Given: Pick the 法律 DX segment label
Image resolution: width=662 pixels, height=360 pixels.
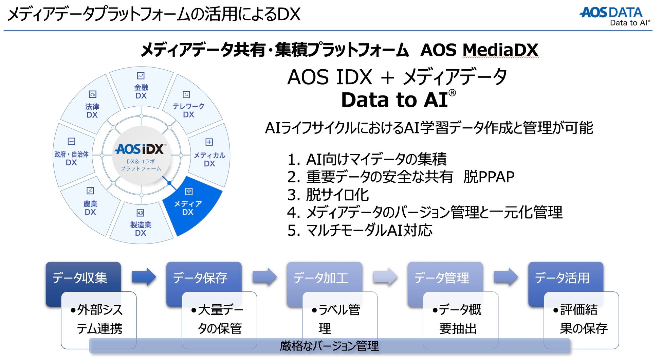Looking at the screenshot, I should (x=92, y=110).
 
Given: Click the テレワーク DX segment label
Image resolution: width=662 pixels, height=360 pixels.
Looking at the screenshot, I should (x=188, y=110).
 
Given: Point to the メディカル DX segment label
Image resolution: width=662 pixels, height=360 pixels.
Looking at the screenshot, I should (x=209, y=159).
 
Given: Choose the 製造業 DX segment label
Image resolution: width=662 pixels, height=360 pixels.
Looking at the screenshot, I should (x=141, y=229).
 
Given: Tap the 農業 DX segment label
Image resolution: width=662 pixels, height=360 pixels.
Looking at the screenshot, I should (x=90, y=208).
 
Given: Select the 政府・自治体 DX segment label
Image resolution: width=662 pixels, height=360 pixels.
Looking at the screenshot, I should (x=71, y=158).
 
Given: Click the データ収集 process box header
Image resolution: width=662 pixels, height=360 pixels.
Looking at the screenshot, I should (x=80, y=278).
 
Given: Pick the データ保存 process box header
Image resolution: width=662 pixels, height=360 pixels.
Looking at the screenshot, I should (x=200, y=278).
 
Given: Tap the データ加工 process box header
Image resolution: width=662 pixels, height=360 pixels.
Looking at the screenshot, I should (x=321, y=278).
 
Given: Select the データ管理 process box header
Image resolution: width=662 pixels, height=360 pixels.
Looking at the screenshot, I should (x=442, y=278).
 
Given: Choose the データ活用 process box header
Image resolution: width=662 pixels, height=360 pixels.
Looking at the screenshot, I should (x=562, y=278).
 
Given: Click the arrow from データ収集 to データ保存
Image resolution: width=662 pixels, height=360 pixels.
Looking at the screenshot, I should (x=144, y=277).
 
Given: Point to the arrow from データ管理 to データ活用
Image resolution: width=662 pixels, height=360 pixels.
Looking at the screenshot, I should (x=506, y=277).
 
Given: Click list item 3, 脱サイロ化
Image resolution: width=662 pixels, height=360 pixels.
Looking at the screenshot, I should (x=328, y=195).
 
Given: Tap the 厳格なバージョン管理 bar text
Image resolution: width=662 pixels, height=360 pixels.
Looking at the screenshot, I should (x=329, y=346).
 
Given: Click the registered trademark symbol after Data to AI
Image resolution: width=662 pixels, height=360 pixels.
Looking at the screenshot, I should (x=452, y=93).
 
